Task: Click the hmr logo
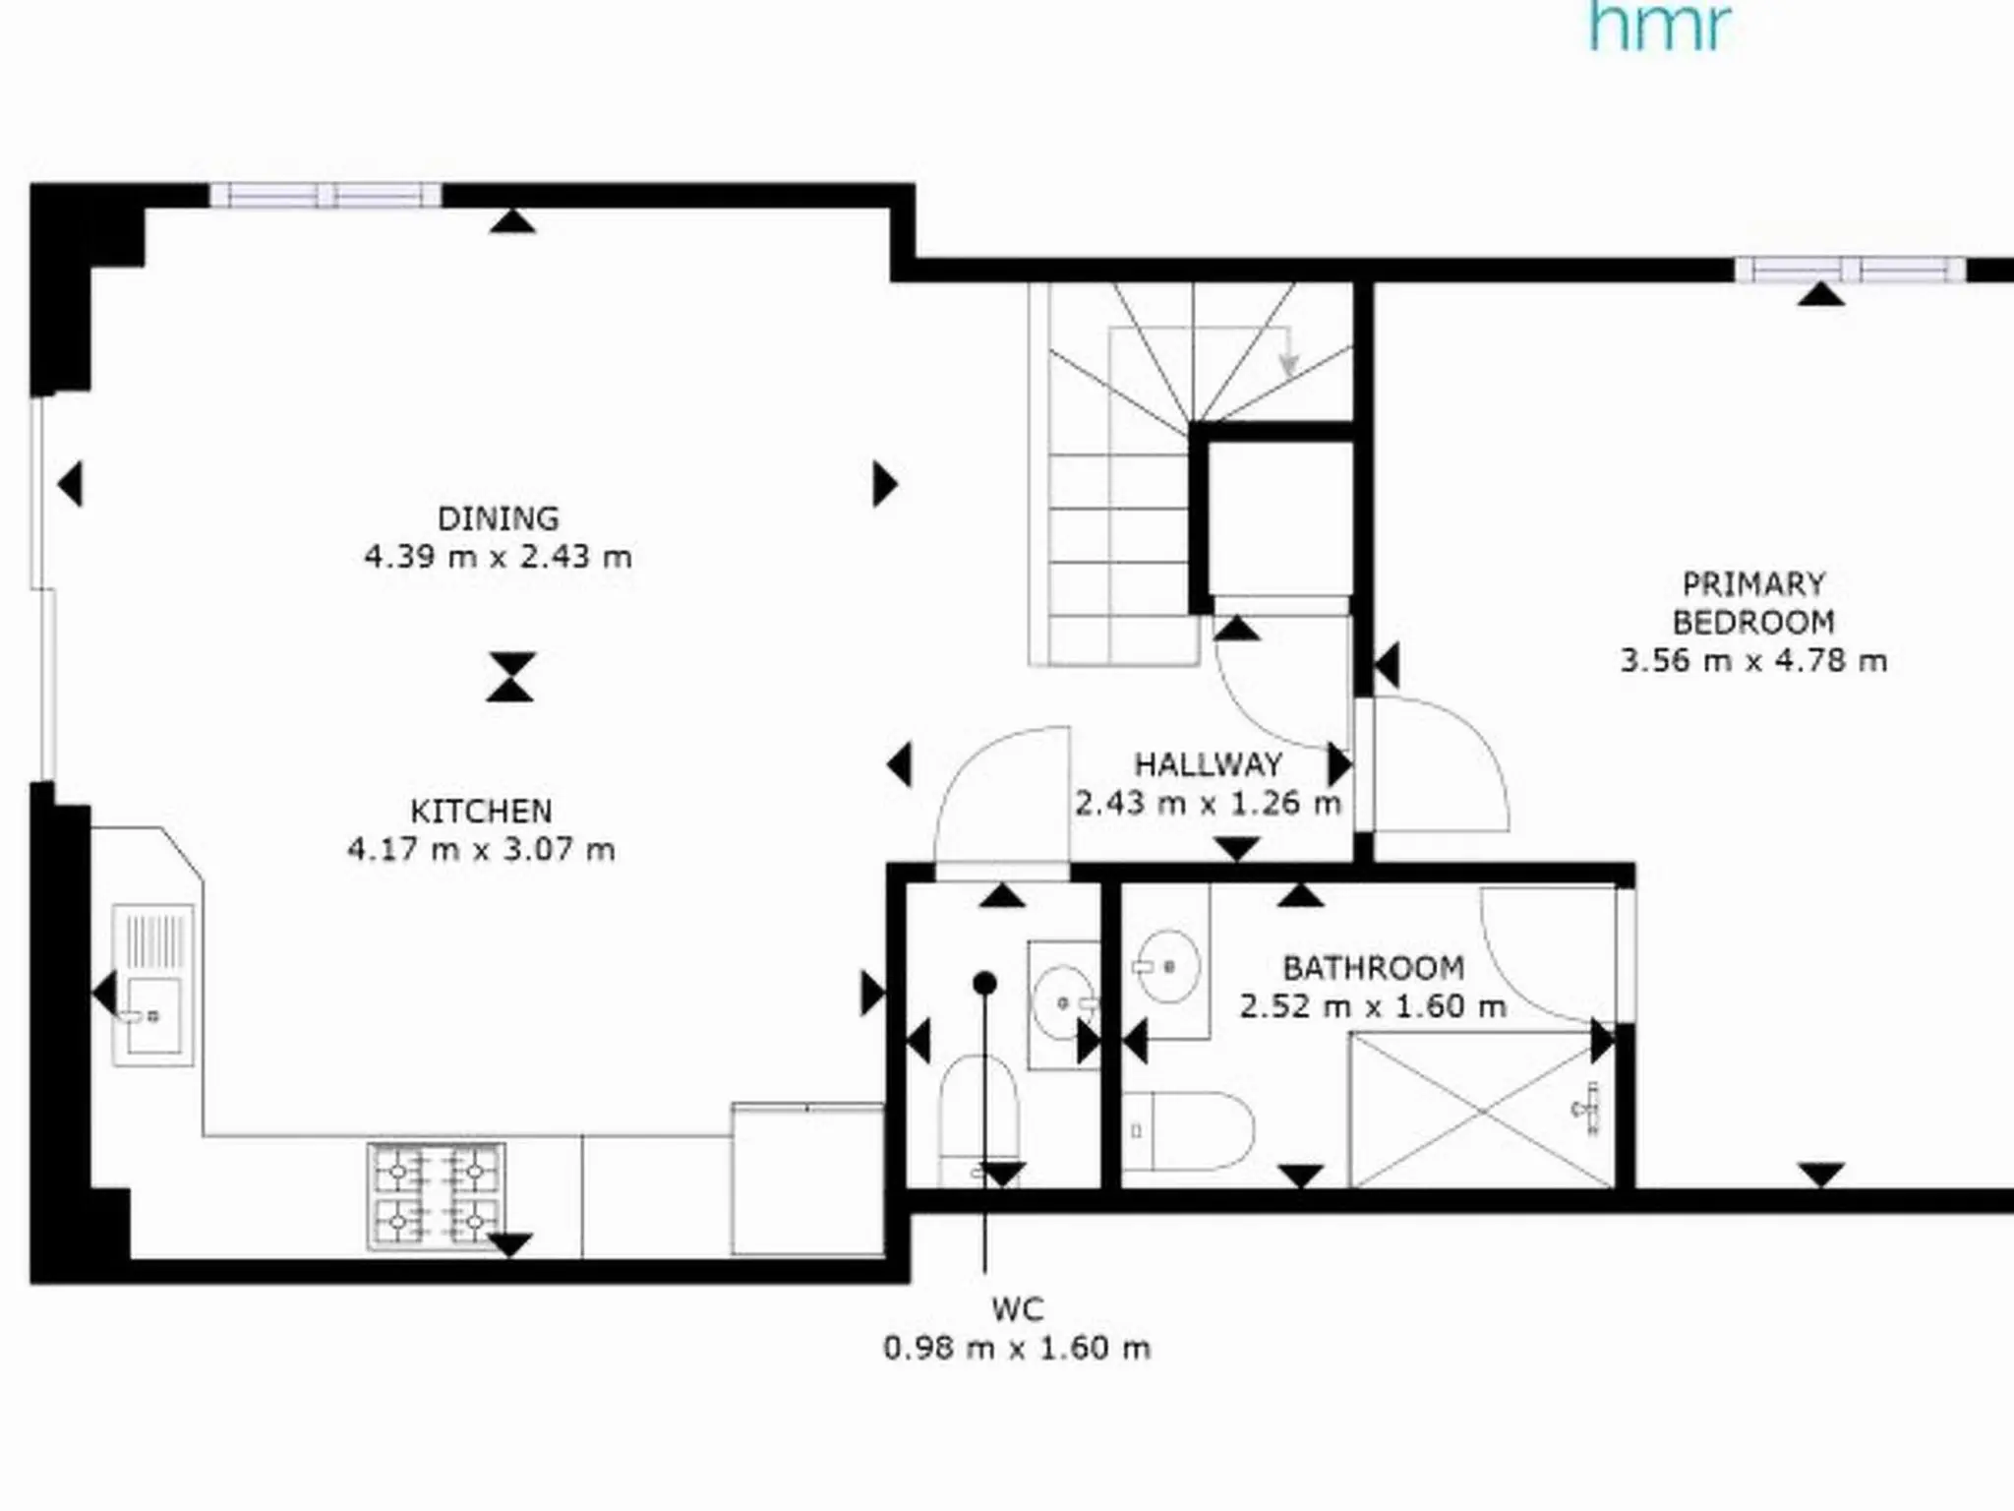pos(1659,26)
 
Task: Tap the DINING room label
pos(498,518)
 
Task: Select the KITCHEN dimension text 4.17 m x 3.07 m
pos(481,849)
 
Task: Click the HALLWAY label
pos(1208,764)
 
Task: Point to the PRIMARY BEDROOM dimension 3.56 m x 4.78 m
pos(1753,660)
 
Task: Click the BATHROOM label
pos(1373,968)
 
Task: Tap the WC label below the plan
pos(1017,1309)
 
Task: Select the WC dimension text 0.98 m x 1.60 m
pos(1017,1348)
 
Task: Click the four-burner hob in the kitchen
pos(436,1196)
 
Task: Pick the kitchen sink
pos(152,985)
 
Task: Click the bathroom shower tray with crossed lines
pos(1483,1110)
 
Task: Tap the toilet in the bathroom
pos(1188,1130)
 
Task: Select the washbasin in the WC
pos(1064,1004)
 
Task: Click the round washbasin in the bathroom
pos(1167,966)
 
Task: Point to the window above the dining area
pos(326,195)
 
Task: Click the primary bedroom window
pos(1850,270)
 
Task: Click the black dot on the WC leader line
pos(985,983)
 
